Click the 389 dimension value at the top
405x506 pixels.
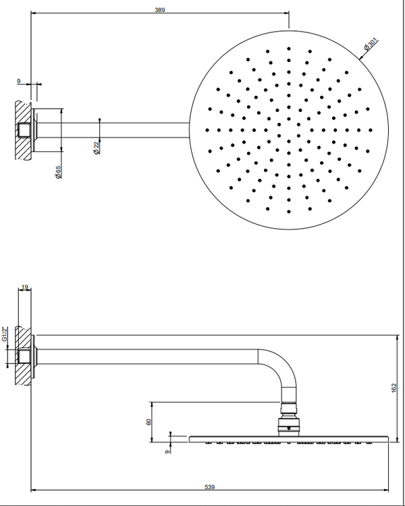pos(159,10)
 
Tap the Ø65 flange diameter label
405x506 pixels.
pos(59,172)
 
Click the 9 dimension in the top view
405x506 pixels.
pos(19,81)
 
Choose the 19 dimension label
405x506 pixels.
pos(25,288)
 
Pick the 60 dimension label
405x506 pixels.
pos(148,422)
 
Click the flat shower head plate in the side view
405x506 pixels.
pos(290,439)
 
